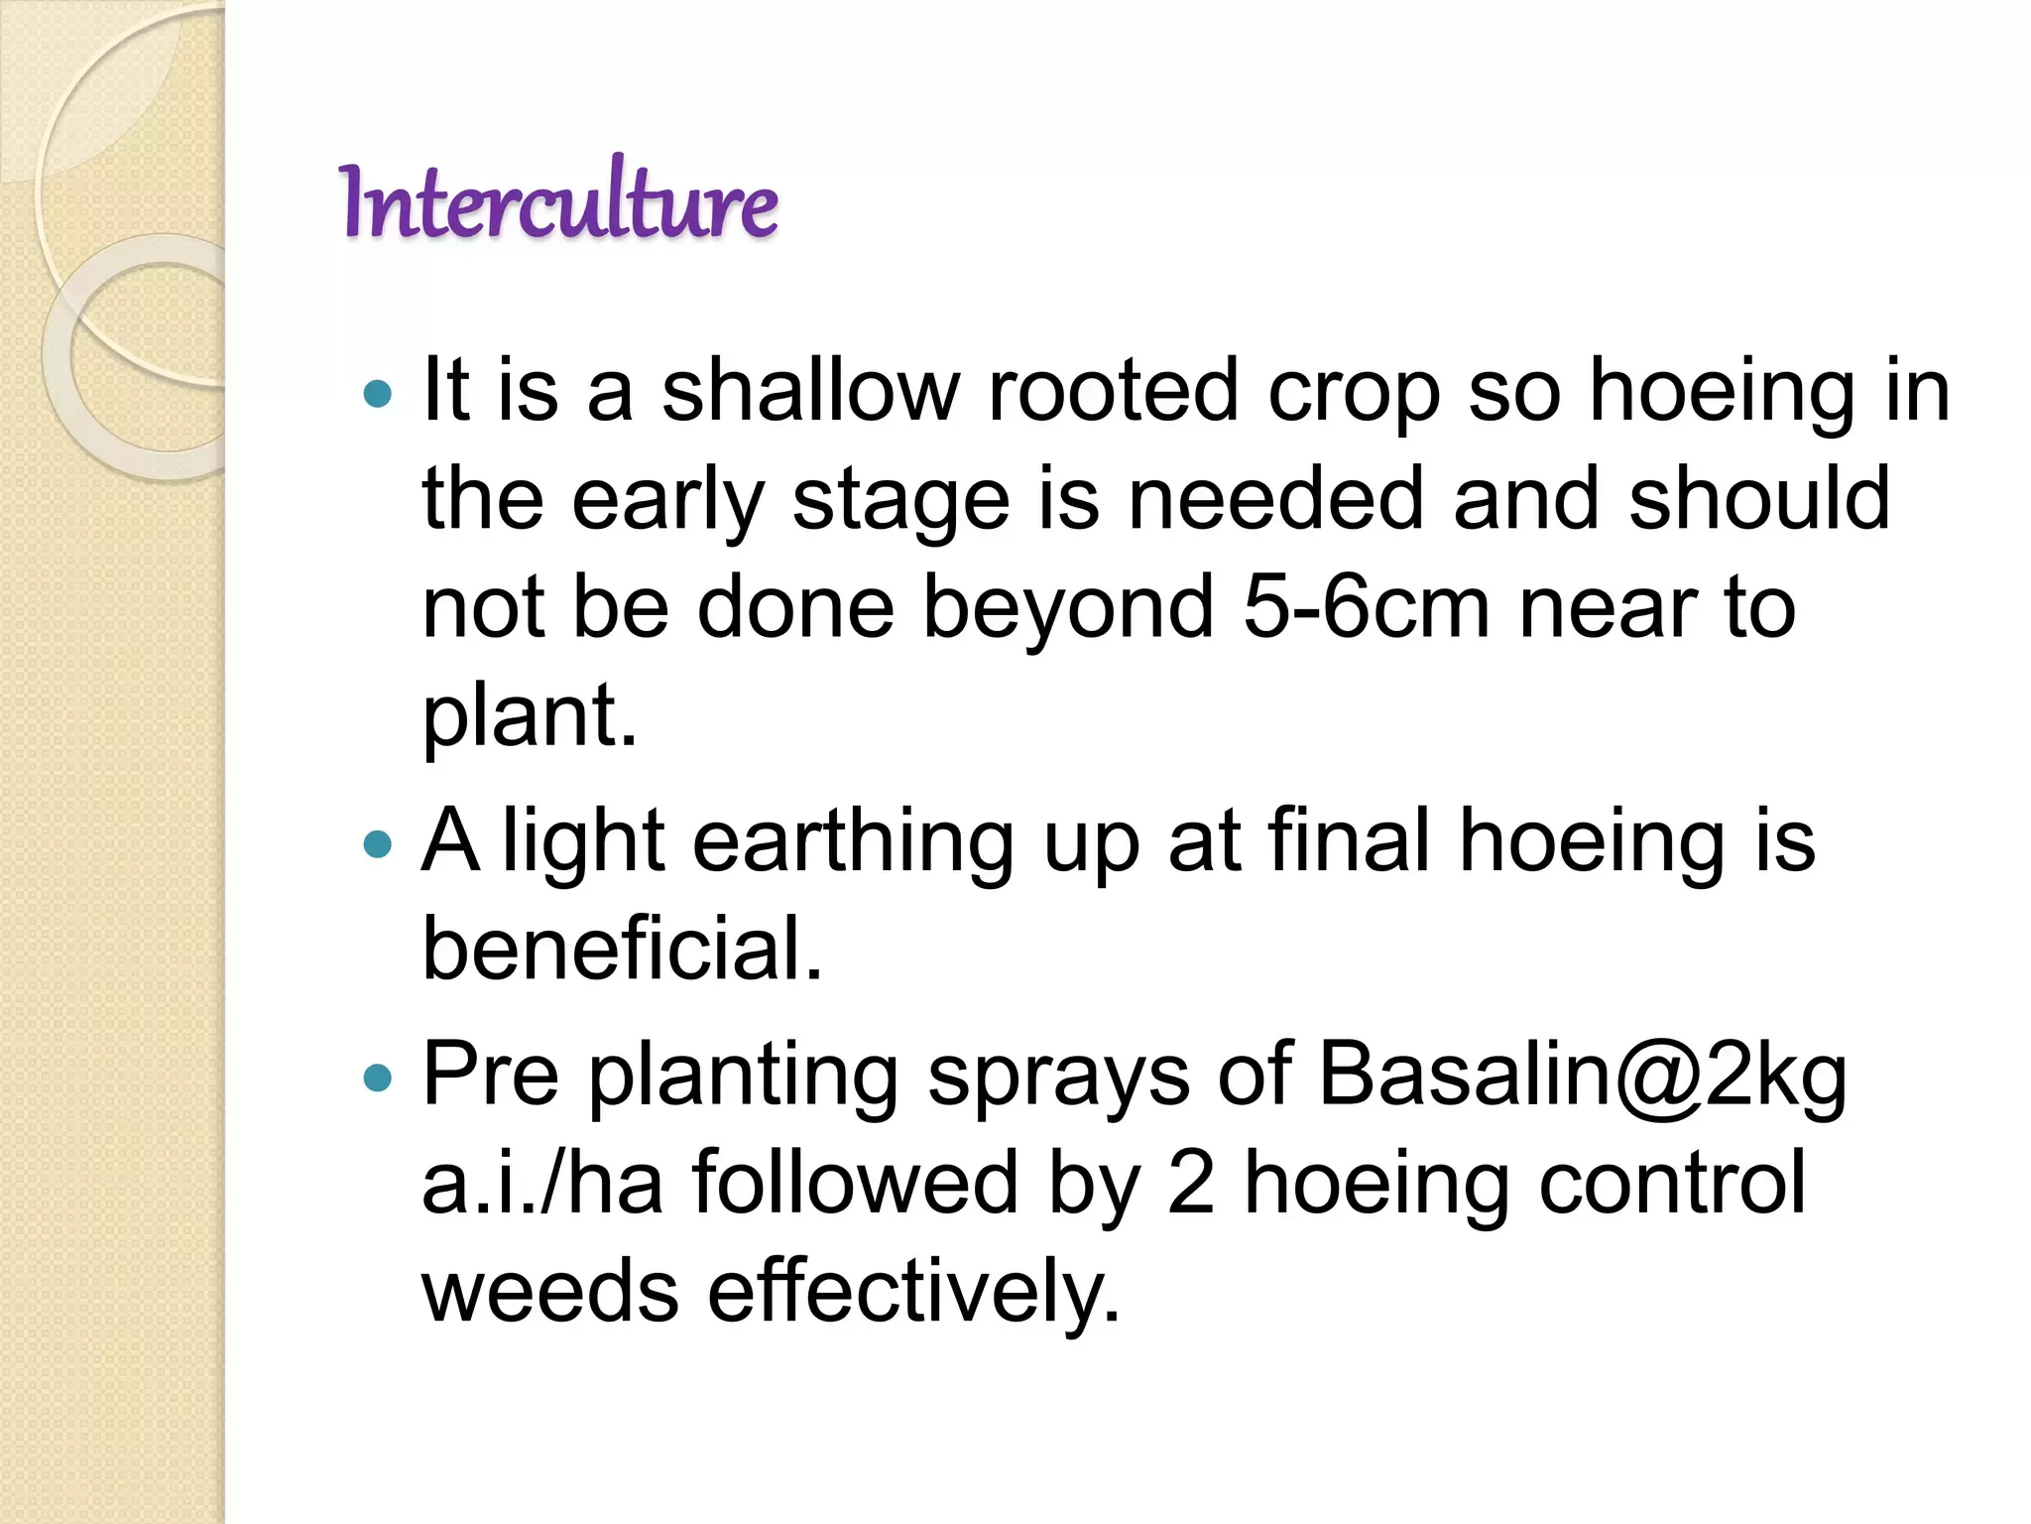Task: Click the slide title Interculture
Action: [558, 202]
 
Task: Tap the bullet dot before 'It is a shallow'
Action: [378, 395]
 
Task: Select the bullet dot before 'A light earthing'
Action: [378, 844]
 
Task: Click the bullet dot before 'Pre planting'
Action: [378, 1078]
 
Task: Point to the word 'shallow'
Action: [810, 391]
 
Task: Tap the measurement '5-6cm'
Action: [1366, 607]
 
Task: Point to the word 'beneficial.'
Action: [623, 949]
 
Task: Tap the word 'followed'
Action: [855, 1184]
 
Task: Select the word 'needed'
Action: [1276, 499]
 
